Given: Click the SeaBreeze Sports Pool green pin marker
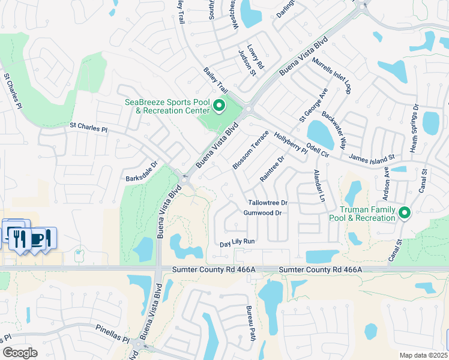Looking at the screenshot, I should [218, 107].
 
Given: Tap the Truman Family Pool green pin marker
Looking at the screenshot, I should [405, 212].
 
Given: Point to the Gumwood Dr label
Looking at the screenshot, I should [262, 213].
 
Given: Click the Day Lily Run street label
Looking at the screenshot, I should [237, 242].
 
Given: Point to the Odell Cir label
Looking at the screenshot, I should [318, 149].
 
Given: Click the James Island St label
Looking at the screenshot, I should [371, 157].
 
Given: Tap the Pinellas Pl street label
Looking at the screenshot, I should [112, 334].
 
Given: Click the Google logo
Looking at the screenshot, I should [20, 352].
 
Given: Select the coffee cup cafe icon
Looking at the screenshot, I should [38, 238].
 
